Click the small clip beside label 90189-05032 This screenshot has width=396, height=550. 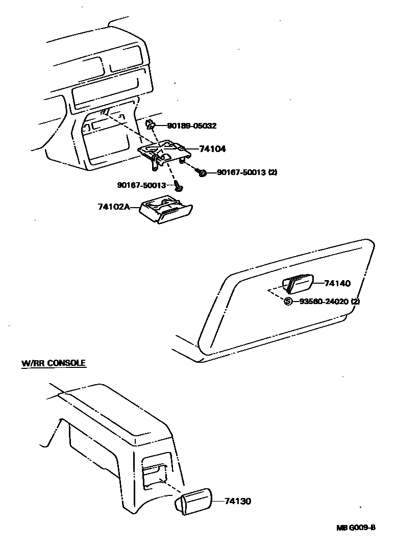[x=151, y=124]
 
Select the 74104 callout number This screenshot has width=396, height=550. [x=212, y=149]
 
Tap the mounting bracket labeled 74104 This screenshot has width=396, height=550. [x=161, y=151]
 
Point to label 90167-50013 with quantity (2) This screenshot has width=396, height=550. [x=246, y=172]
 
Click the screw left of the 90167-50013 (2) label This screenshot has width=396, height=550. [x=202, y=173]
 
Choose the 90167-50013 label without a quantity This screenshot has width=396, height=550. [x=141, y=185]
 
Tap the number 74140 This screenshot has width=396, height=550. [x=337, y=283]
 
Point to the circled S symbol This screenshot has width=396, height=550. [x=288, y=301]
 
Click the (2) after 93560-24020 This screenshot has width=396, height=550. [x=355, y=301]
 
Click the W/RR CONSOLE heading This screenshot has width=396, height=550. [x=53, y=364]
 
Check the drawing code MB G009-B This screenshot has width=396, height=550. [x=355, y=528]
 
